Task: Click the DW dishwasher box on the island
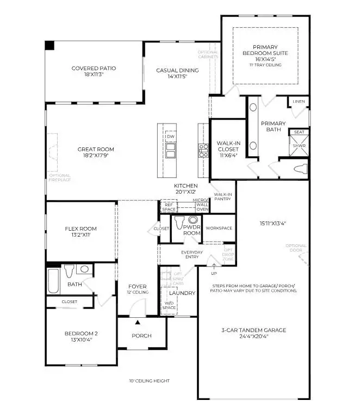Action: tap(171, 137)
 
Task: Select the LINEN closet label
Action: tap(299, 102)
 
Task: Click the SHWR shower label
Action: tap(299, 145)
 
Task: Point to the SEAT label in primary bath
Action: tap(299, 132)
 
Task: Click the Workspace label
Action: tap(219, 228)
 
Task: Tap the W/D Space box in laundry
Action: tap(169, 305)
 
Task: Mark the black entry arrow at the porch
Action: tap(138, 323)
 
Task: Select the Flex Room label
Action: tap(80, 232)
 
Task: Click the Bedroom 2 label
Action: tap(80, 336)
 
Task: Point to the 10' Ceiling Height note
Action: tap(149, 381)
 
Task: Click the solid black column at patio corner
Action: tap(49, 46)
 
